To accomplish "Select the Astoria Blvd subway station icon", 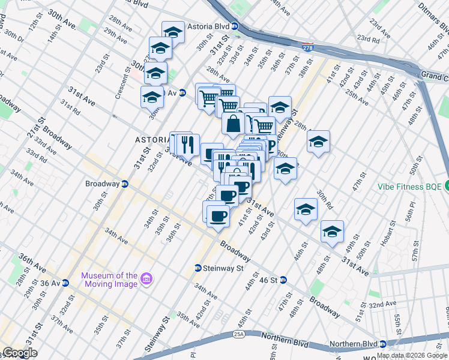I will pyautogui.click(x=235, y=26).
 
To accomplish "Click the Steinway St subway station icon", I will pyautogui.click(x=197, y=268).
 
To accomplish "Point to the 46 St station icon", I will pyautogui.click(x=283, y=280).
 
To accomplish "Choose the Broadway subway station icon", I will pyautogui.click(x=125, y=184).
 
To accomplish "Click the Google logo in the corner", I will pyautogui.click(x=19, y=353).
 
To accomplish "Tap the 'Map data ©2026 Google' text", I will pyautogui.click(x=412, y=356).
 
